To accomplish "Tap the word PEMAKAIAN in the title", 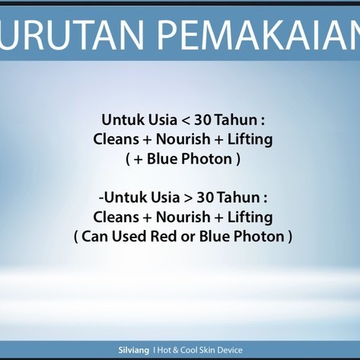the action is (x=258, y=35).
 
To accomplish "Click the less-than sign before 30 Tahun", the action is (x=186, y=121).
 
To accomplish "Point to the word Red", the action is (x=164, y=236).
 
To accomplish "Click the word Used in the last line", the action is (x=129, y=236).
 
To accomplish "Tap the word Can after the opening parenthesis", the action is (x=94, y=236).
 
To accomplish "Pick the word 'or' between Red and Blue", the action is (x=188, y=237).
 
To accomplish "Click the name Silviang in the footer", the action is (x=134, y=350).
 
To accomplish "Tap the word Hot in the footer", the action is (x=164, y=350).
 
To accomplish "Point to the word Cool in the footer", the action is (x=189, y=350).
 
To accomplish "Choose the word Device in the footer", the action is (x=231, y=350).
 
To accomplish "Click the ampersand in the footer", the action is (x=176, y=350).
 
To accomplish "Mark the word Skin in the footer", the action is (x=208, y=350).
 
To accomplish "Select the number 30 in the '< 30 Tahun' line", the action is (x=202, y=120).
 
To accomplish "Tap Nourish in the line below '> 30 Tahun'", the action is (x=183, y=217).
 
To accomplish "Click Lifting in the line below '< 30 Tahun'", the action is (x=250, y=140).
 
